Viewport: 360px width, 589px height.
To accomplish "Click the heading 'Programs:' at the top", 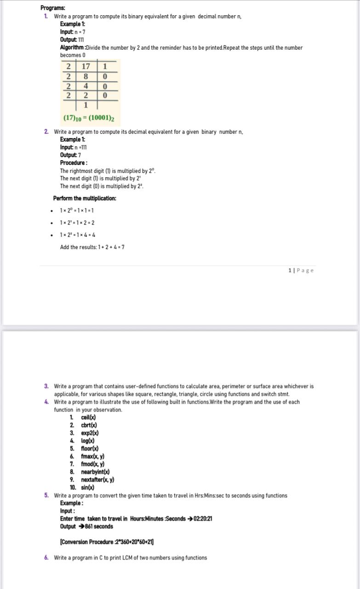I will (x=53, y=8).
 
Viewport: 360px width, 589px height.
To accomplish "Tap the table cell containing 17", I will (x=86, y=66).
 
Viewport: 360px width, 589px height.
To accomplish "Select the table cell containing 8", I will (x=86, y=76).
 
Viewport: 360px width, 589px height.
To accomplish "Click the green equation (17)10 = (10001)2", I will (x=89, y=118).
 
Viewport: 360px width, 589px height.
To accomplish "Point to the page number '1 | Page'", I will (x=301, y=270).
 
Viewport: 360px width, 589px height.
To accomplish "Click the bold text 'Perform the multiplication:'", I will (x=85, y=198).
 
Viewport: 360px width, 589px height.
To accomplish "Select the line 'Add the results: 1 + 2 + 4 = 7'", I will (x=92, y=247).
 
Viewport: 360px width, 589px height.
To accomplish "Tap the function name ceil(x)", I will (x=88, y=417).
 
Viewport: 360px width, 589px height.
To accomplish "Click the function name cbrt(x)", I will (x=89, y=425).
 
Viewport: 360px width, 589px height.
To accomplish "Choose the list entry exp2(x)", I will (x=90, y=433).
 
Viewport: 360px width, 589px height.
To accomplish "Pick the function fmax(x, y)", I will (x=92, y=456).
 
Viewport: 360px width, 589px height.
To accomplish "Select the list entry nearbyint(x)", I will (x=95, y=472).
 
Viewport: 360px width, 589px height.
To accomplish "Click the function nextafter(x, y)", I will (x=97, y=479).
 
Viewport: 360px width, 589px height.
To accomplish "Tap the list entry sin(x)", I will (x=87, y=487).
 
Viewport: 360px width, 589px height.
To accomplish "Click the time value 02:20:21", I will (x=203, y=519).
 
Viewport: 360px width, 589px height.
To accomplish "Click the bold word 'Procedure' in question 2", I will (x=72, y=162).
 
